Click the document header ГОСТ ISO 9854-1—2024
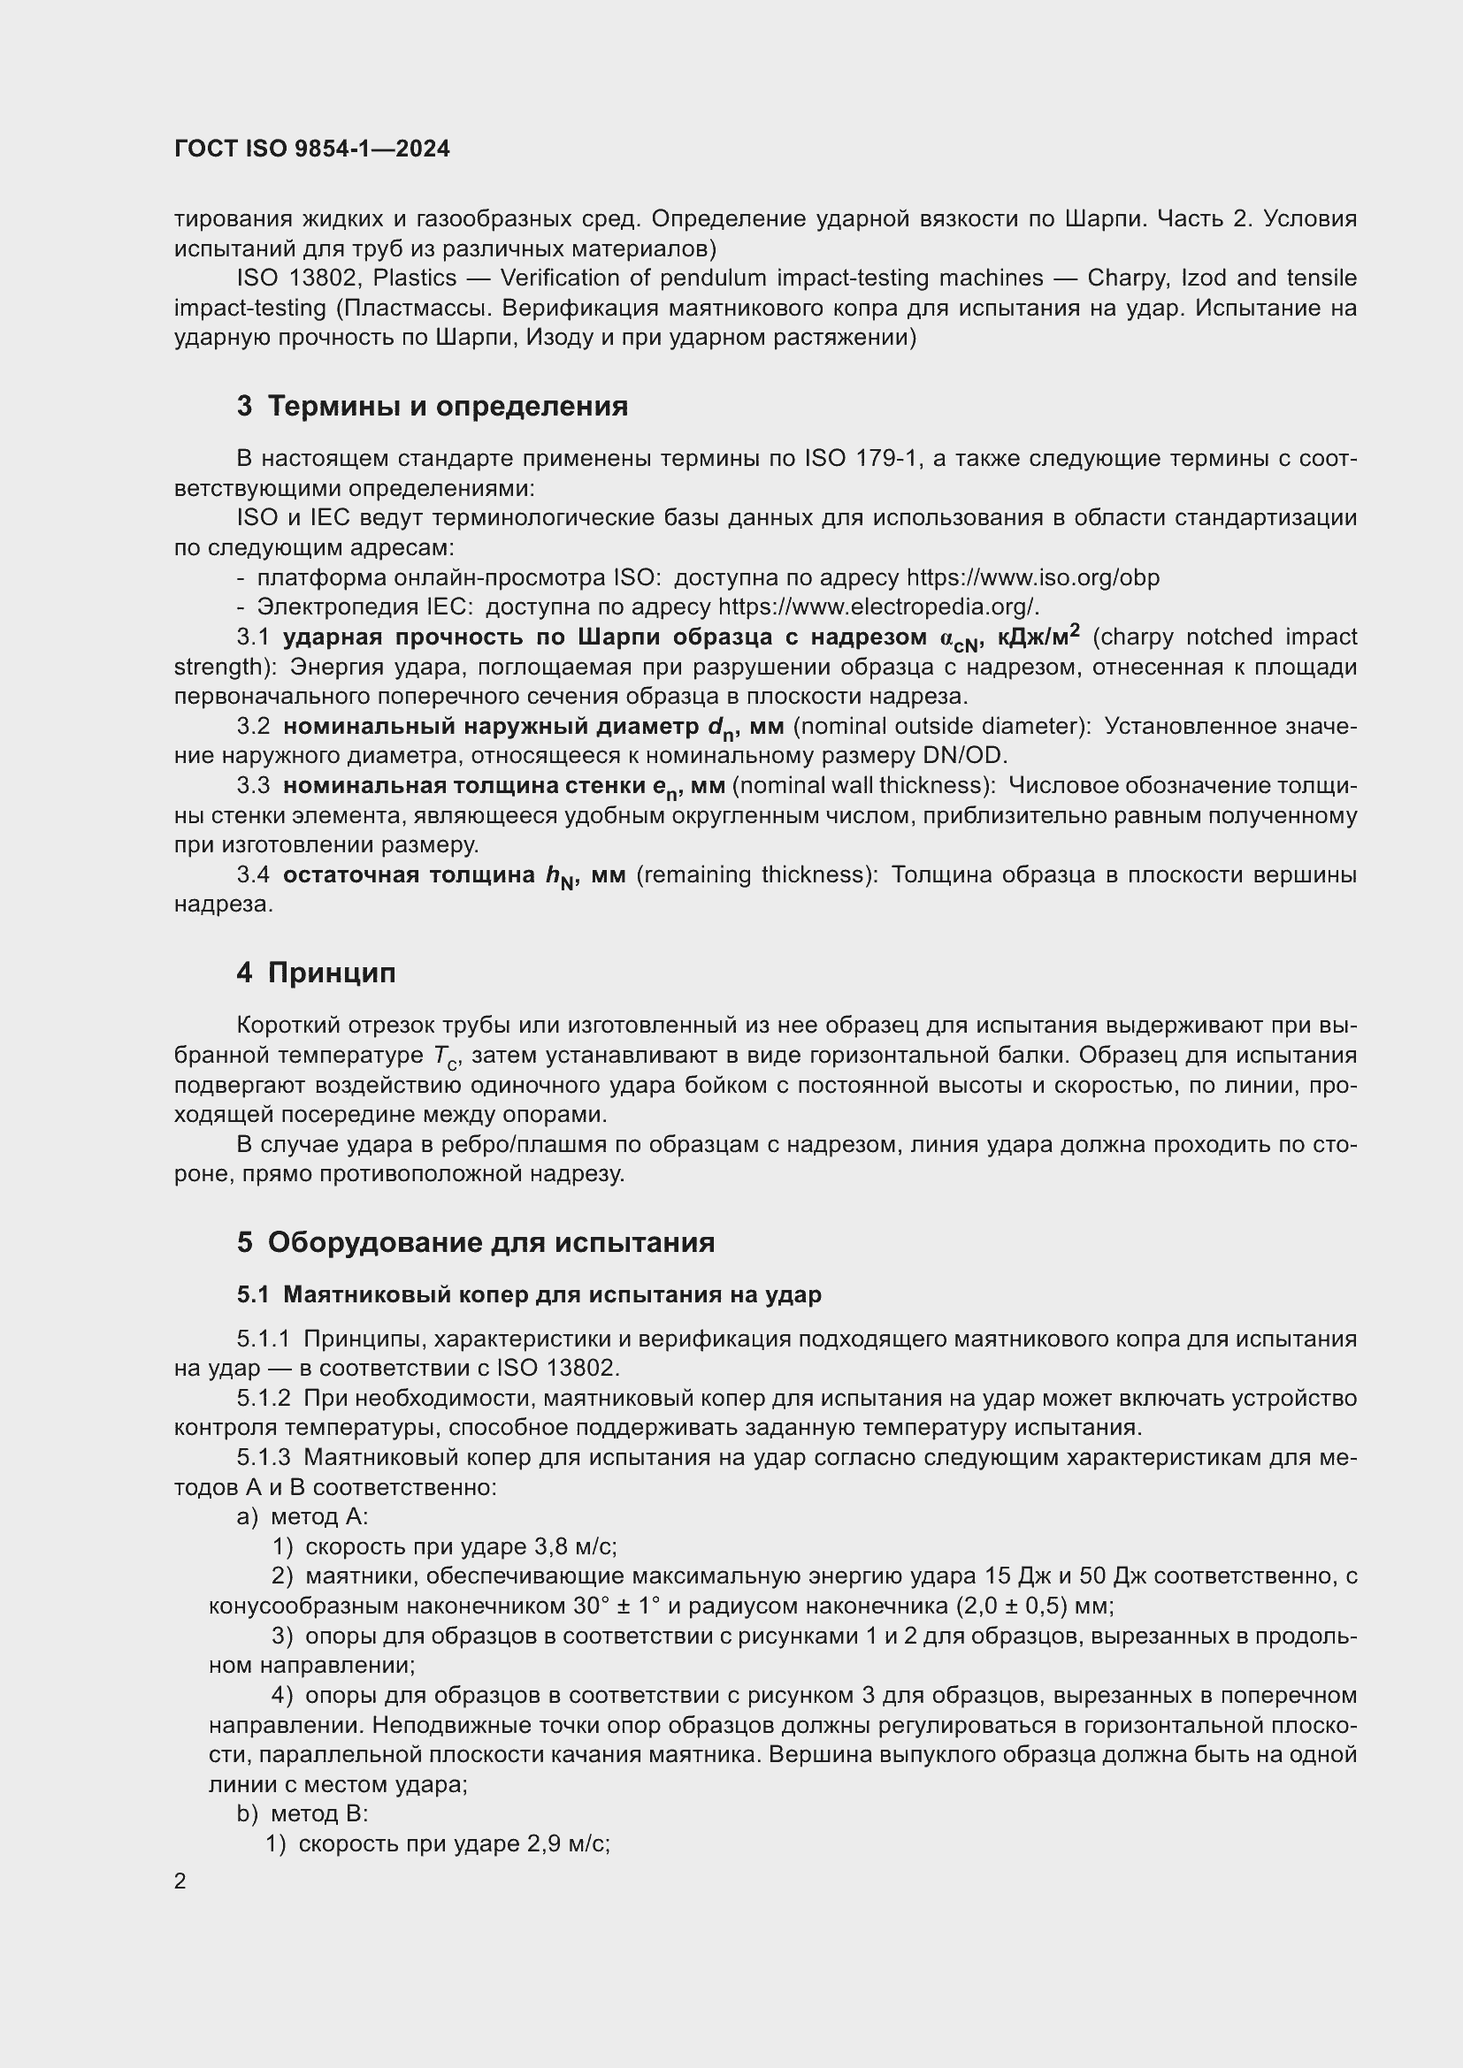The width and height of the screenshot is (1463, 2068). click(x=311, y=149)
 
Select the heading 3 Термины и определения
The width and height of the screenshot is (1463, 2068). click(x=433, y=406)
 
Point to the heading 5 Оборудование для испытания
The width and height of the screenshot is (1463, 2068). click(x=476, y=1242)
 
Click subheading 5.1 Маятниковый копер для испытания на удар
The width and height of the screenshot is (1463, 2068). click(x=529, y=1294)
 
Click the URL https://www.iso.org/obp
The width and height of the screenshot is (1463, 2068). click(x=1032, y=577)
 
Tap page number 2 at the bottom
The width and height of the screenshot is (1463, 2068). click(x=180, y=1881)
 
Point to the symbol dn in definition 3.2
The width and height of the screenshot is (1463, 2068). click(x=722, y=728)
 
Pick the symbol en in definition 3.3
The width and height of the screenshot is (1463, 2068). click(x=664, y=787)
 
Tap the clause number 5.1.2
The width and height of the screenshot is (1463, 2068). click(x=264, y=1398)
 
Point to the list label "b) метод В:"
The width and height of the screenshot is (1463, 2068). click(x=303, y=1814)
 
